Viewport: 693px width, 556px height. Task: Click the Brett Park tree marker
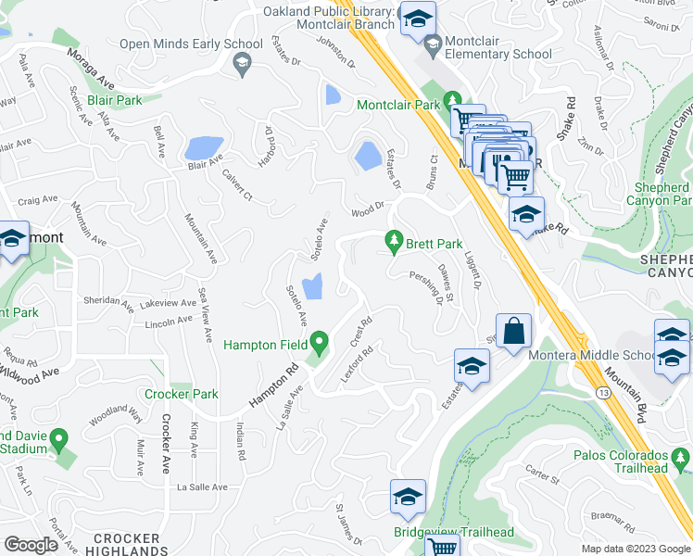tap(395, 243)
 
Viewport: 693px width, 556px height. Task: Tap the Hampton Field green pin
tap(321, 344)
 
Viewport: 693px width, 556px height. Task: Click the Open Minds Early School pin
tap(242, 64)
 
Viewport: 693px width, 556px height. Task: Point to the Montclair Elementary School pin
tap(433, 43)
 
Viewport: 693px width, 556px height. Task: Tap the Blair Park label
tap(114, 99)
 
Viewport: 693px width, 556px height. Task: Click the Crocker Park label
tap(181, 394)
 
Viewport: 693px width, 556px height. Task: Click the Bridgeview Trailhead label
tap(442, 532)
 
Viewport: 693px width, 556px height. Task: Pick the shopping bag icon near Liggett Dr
tap(514, 331)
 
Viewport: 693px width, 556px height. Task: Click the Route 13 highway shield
tap(602, 393)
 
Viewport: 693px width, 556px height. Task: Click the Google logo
tap(31, 545)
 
